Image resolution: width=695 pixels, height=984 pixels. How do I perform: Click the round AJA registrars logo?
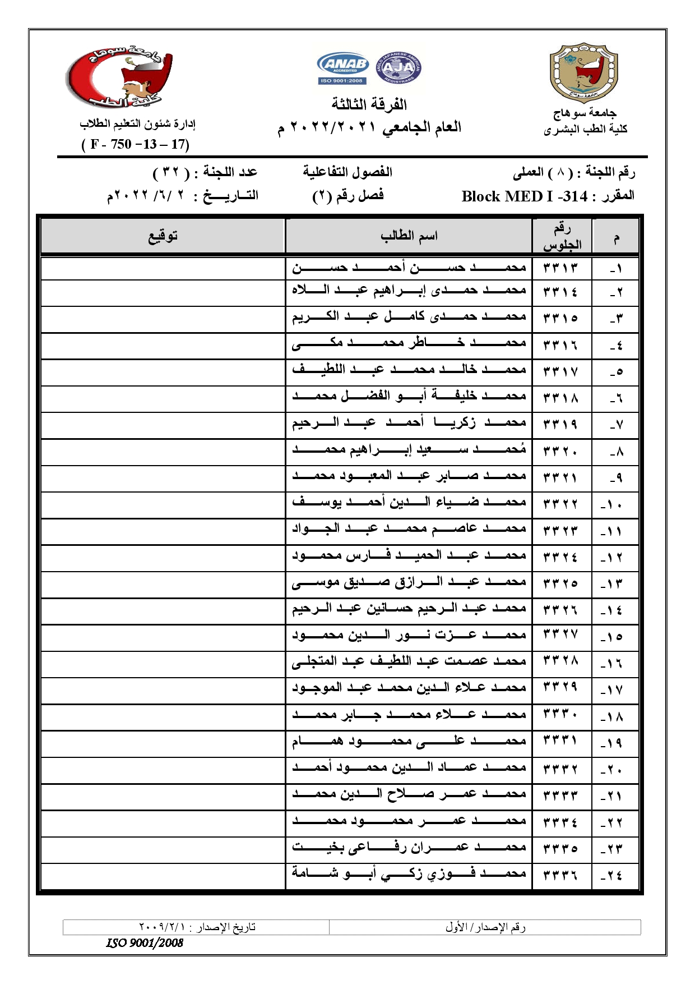(x=398, y=68)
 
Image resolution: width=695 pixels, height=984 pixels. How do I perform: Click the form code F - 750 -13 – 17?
(x=136, y=144)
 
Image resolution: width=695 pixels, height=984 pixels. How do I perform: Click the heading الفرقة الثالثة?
(x=369, y=104)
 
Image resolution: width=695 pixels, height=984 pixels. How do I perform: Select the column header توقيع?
(x=163, y=236)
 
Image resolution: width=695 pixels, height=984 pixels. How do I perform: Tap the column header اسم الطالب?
(x=409, y=236)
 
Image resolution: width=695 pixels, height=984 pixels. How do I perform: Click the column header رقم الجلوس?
(x=562, y=236)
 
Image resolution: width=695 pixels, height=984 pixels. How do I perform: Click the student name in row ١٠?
(x=409, y=503)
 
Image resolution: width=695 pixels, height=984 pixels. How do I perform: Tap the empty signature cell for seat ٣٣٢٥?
(x=163, y=584)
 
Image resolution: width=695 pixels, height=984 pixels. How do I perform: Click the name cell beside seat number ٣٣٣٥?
(x=409, y=848)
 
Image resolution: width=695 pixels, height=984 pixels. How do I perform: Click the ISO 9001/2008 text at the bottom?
(x=145, y=942)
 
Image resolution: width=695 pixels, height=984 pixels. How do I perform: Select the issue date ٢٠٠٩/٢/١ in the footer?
(x=162, y=927)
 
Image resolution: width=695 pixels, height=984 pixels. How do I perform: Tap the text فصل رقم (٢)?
(x=348, y=196)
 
